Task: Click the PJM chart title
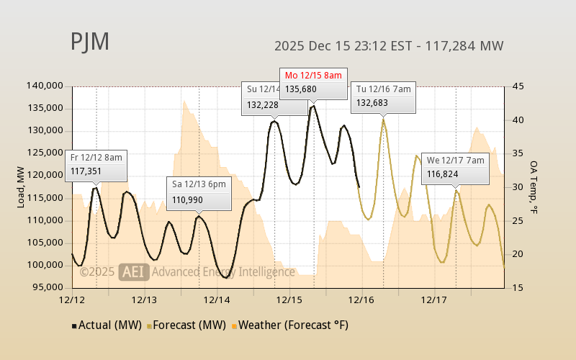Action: point(90,42)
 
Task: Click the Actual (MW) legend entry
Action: point(106,325)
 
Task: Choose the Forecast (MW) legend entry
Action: point(188,325)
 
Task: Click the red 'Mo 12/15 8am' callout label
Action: point(314,75)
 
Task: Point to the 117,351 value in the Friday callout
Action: point(87,171)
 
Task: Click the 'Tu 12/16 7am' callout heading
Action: point(384,89)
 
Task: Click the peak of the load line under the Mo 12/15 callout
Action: point(313,106)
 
